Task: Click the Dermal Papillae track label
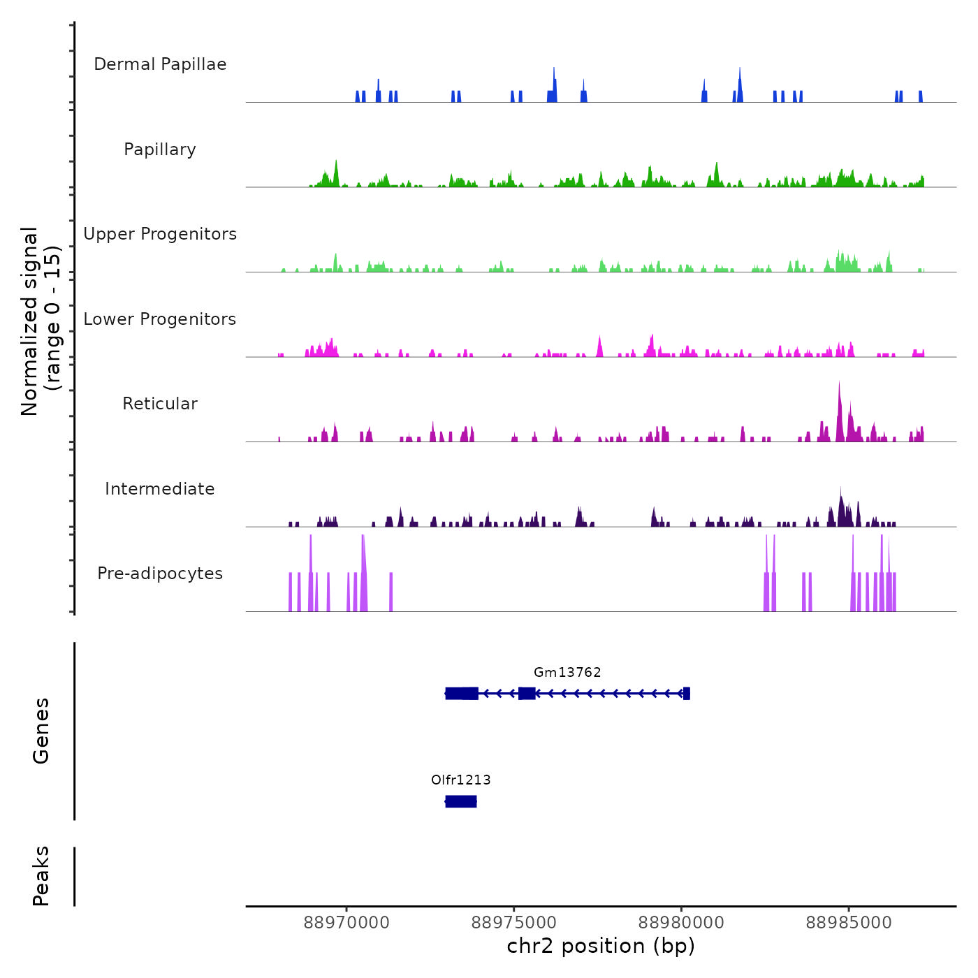[x=160, y=64]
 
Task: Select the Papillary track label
[x=160, y=149]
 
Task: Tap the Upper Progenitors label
[x=160, y=234]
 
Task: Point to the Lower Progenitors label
[x=160, y=319]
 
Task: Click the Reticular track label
[x=160, y=404]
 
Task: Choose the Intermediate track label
[x=160, y=489]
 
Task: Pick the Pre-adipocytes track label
[x=160, y=574]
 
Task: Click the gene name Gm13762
[x=567, y=673]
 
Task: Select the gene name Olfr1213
[x=461, y=780]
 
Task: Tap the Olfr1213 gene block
[x=461, y=801]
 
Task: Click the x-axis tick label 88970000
[x=346, y=923]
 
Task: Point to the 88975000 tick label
[x=514, y=923]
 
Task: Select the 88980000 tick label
[x=681, y=923]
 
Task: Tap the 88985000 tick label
[x=849, y=923]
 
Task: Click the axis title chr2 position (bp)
[x=601, y=947]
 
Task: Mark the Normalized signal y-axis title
[x=41, y=321]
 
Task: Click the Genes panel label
[x=41, y=731]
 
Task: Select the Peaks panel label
[x=41, y=876]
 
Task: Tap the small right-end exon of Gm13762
[x=687, y=694]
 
